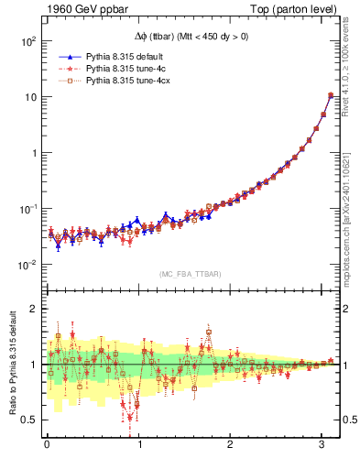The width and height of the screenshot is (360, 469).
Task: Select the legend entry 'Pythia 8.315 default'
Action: click(x=120, y=56)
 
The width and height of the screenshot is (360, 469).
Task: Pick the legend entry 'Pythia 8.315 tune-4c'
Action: click(x=120, y=69)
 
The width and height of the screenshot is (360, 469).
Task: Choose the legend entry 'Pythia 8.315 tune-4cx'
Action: click(x=122, y=82)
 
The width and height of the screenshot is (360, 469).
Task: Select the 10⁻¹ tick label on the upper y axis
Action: click(x=27, y=209)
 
